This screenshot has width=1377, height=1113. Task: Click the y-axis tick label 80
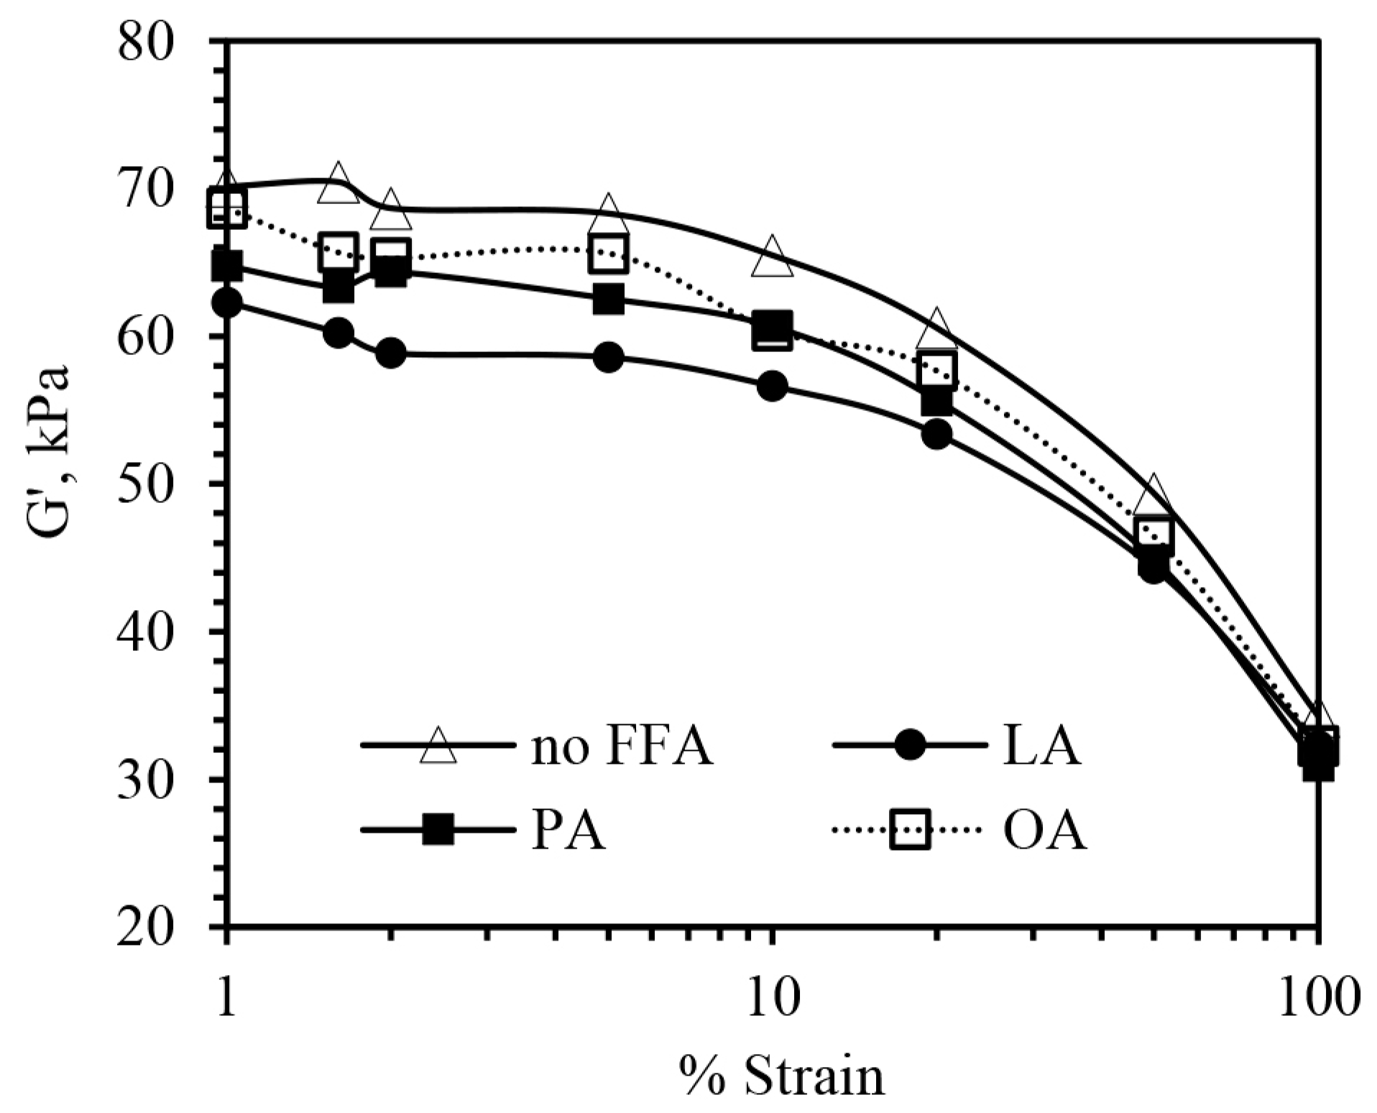(x=147, y=42)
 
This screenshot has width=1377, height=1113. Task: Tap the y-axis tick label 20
(x=147, y=926)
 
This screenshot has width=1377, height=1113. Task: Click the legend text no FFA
(x=622, y=747)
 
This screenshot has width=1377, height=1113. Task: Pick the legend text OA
(x=1044, y=831)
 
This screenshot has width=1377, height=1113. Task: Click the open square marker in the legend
(x=910, y=830)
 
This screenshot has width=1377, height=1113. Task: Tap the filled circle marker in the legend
(x=910, y=745)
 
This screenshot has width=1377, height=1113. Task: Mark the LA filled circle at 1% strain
(x=228, y=303)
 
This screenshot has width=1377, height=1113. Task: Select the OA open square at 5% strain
(x=608, y=253)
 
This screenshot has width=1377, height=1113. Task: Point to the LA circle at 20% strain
(x=936, y=434)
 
